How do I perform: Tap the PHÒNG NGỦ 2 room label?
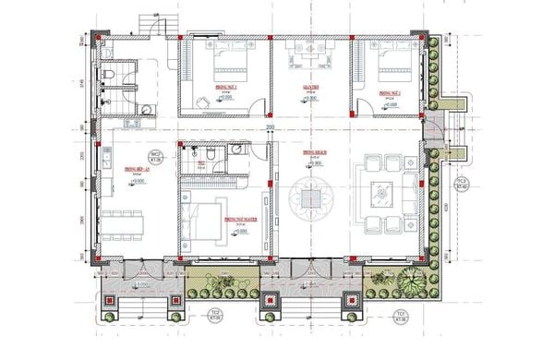(x=391, y=92)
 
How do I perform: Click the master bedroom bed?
(x=204, y=221)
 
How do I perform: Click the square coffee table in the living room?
(x=379, y=195)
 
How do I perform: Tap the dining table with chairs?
(x=124, y=222)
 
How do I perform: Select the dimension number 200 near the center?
(x=271, y=127)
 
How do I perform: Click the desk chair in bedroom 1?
(x=200, y=101)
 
